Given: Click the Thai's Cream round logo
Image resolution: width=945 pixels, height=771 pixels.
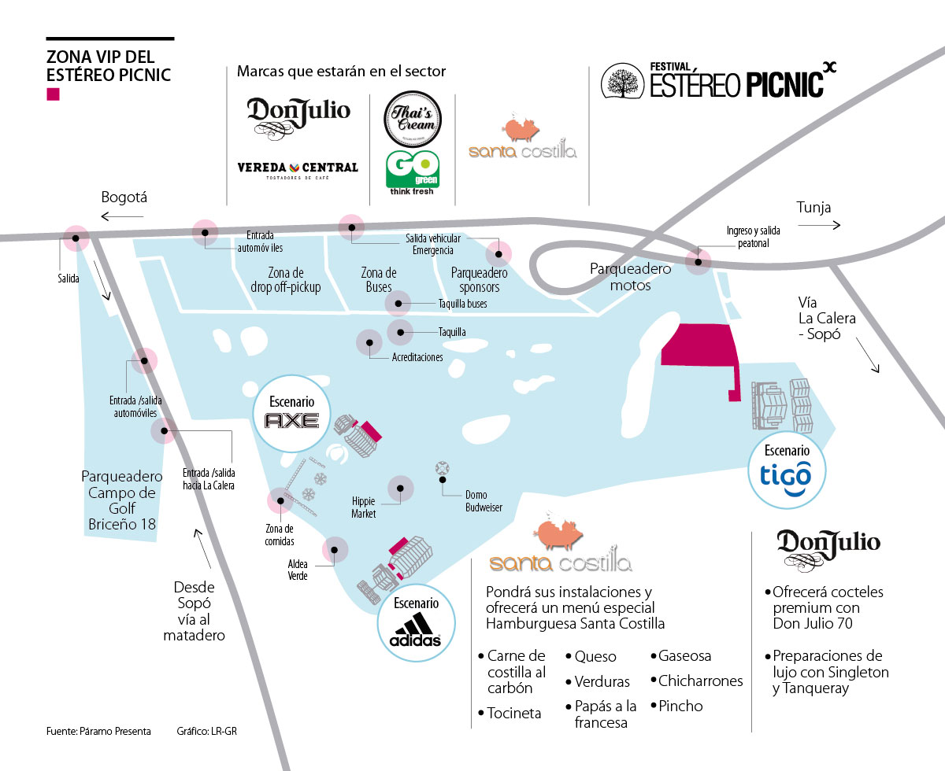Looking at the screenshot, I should [413, 119].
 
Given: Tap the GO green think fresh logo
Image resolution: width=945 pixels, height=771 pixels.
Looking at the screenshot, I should [413, 168].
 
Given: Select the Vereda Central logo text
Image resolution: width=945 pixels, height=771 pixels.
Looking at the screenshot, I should [298, 168].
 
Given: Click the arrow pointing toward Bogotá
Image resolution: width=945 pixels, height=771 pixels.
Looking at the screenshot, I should [123, 216].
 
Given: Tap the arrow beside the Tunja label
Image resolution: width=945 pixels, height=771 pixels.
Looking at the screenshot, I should [819, 226].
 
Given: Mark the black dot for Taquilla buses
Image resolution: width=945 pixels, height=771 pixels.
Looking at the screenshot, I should [398, 304].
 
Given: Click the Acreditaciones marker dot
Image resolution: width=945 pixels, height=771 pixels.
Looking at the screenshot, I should [369, 343].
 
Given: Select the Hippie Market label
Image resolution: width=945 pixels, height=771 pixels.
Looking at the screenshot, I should [364, 507].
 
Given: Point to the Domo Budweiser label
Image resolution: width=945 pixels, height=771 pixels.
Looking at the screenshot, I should [476, 501].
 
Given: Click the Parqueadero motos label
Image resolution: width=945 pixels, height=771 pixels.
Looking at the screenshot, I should [631, 277].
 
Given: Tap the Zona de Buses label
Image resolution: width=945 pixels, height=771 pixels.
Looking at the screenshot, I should [379, 280].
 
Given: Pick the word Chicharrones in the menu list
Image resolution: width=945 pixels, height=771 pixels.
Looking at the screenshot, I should [700, 681].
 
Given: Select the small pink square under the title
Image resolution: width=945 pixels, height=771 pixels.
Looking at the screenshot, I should [54, 95].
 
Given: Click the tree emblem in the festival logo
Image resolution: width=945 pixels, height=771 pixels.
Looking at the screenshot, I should [623, 81].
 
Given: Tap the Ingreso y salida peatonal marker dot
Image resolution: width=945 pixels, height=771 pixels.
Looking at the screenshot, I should [697, 260].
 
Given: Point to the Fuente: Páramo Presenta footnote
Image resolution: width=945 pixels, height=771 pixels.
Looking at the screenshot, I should [98, 731].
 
